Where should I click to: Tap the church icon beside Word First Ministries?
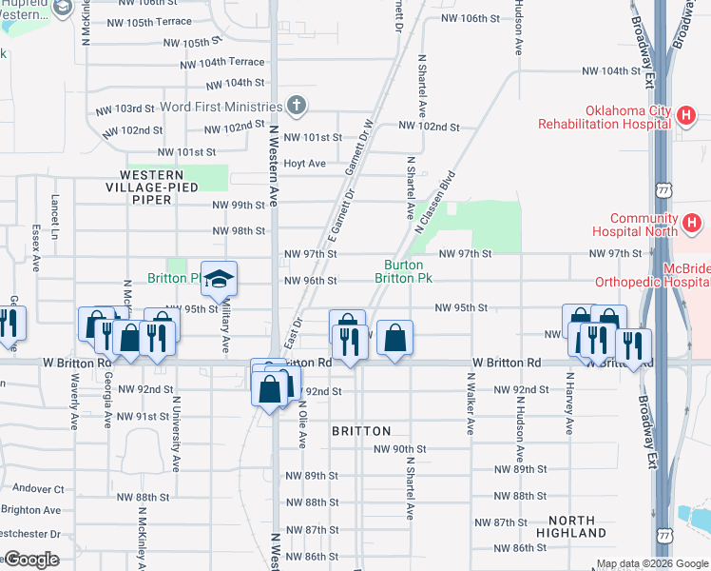coord(297,107)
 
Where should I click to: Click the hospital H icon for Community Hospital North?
coord(692,225)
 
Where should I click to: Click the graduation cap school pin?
coord(219,279)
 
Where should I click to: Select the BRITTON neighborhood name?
coord(361,431)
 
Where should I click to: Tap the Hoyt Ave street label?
coord(305,164)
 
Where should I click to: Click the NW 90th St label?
coord(400,449)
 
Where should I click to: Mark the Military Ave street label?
coord(226,329)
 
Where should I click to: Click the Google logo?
coord(31,560)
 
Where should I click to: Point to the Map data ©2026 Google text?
coord(652,564)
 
